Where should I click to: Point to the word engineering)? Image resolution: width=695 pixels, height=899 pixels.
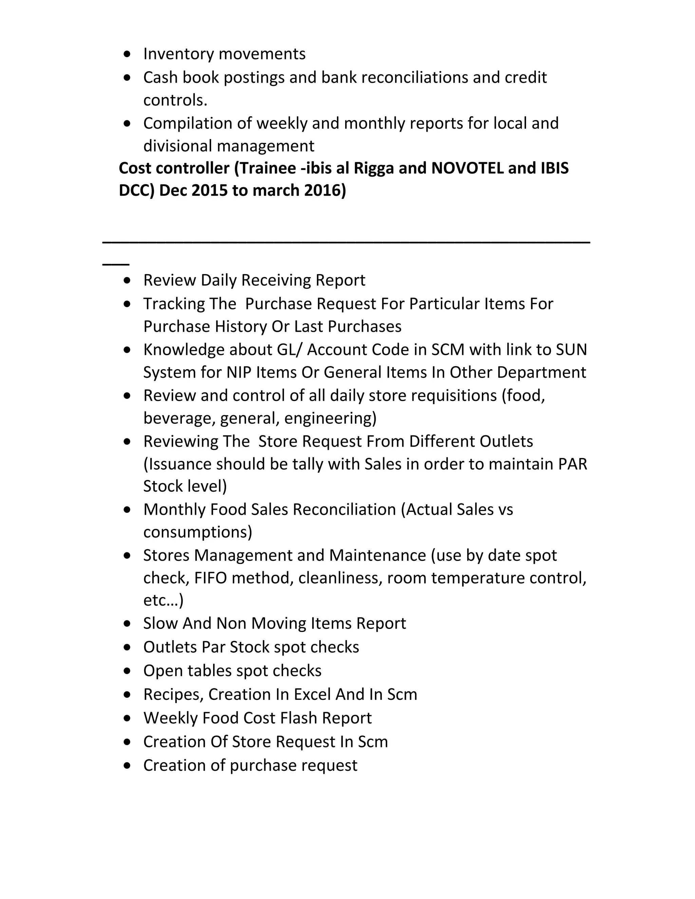[x=330, y=418]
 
